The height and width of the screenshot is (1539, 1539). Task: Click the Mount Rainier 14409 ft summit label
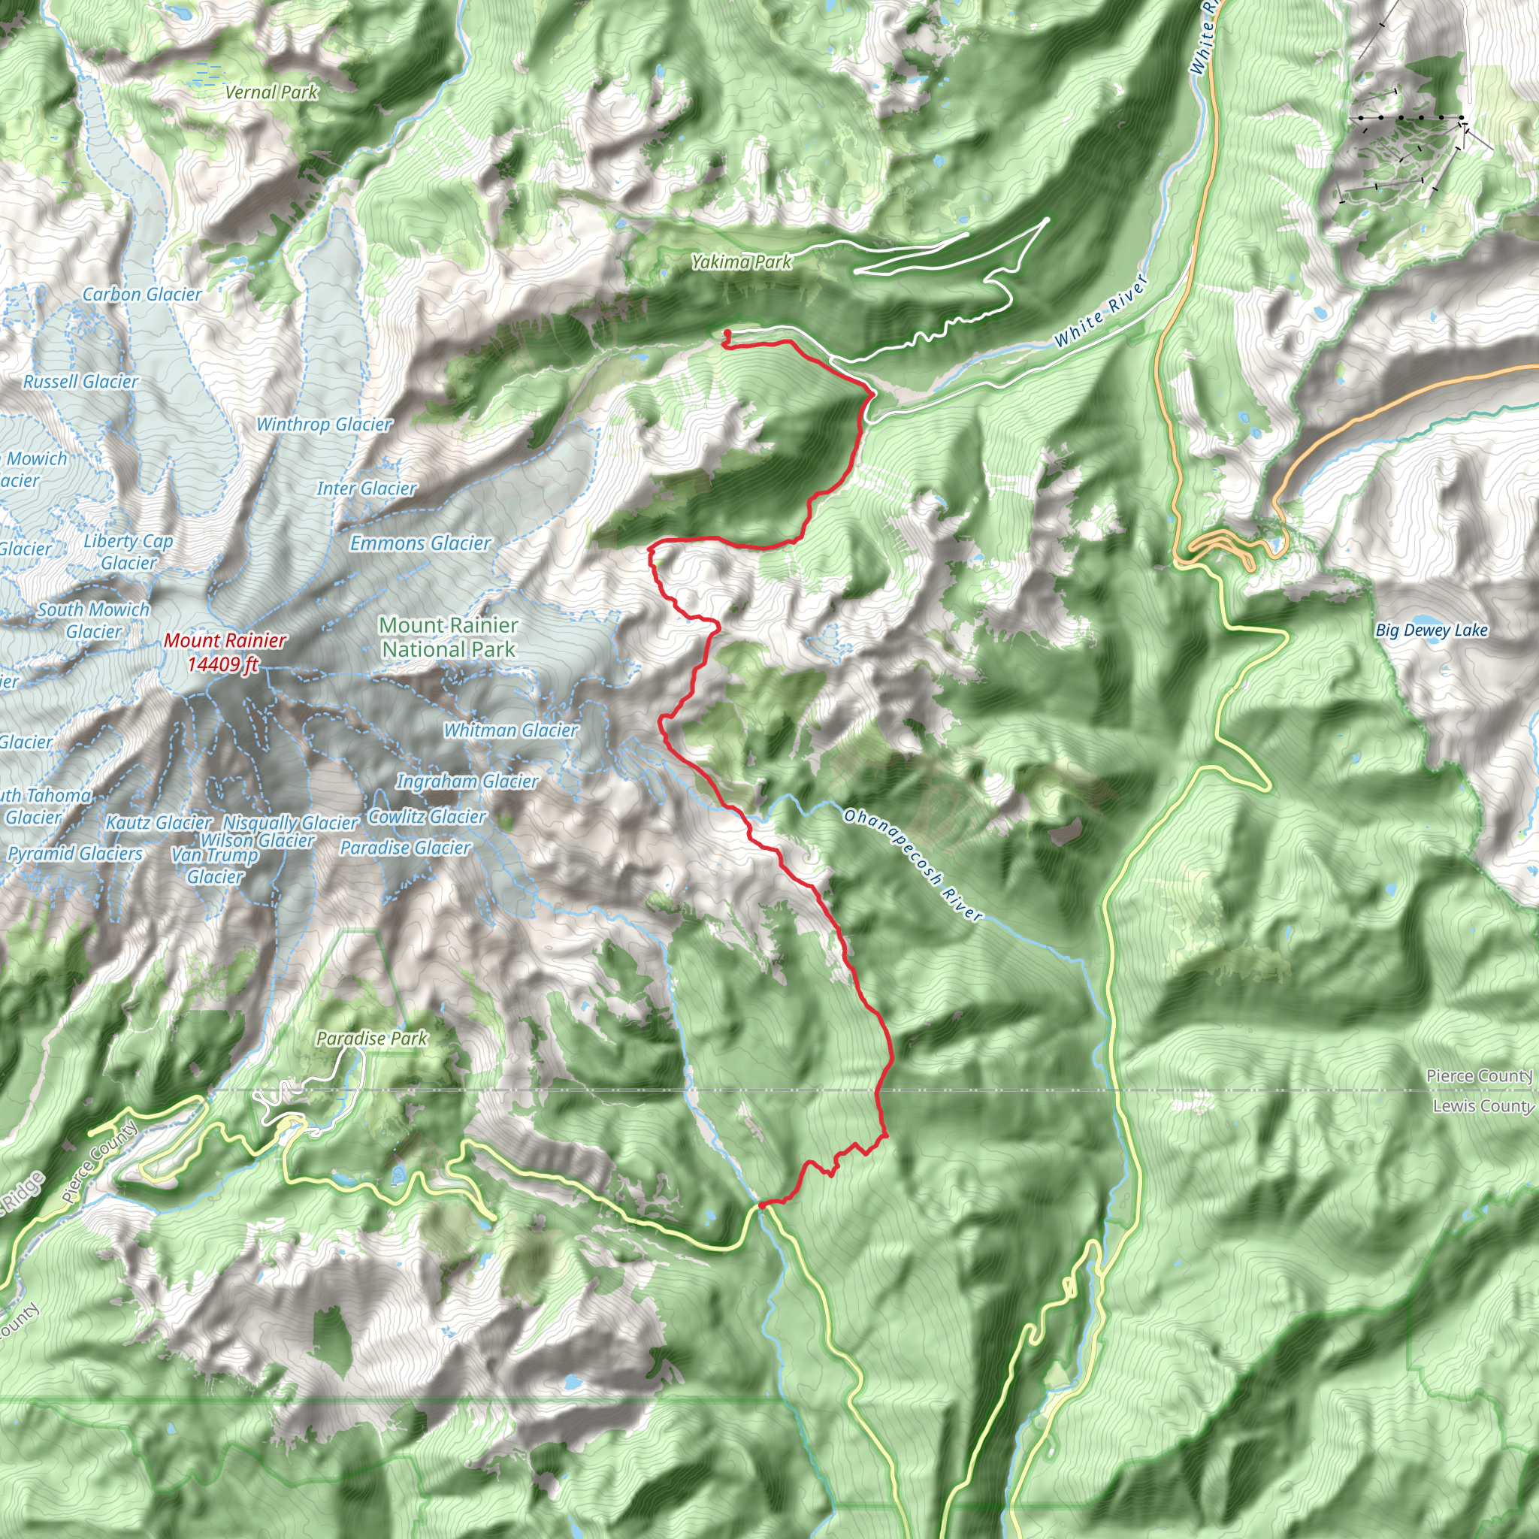pos(224,652)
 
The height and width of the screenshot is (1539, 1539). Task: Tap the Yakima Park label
pos(741,262)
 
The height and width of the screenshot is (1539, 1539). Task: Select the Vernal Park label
pos(271,92)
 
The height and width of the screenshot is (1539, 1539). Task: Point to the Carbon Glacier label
pos(142,295)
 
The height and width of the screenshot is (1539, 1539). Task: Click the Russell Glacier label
pos(80,382)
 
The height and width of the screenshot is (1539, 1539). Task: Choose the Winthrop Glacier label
pos(323,425)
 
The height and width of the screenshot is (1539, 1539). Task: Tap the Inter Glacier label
pos(367,488)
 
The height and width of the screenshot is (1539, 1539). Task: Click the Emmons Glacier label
pos(420,543)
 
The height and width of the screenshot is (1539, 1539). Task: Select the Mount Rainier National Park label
pos(449,637)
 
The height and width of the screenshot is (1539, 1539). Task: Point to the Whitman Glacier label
pos(510,730)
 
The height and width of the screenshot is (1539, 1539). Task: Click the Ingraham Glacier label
pos(467,782)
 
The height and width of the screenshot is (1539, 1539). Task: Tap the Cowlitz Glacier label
pos(427,817)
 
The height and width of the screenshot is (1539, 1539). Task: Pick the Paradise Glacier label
pos(405,848)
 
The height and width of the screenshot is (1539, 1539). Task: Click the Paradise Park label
pos(372,1039)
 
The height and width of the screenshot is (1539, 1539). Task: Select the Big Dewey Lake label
pos(1432,630)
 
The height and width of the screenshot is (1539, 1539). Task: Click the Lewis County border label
pos(1482,1105)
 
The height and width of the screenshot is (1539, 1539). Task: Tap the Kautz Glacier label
pos(159,822)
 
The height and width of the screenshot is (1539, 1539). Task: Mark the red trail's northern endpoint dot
pos(727,334)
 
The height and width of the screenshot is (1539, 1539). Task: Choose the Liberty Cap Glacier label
pos(129,552)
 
